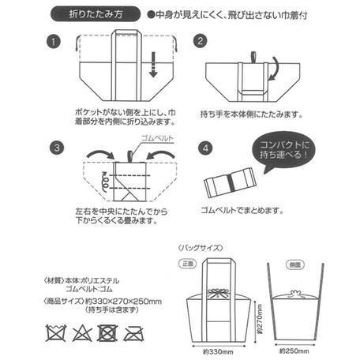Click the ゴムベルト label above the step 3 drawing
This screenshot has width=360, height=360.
point(154,137)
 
